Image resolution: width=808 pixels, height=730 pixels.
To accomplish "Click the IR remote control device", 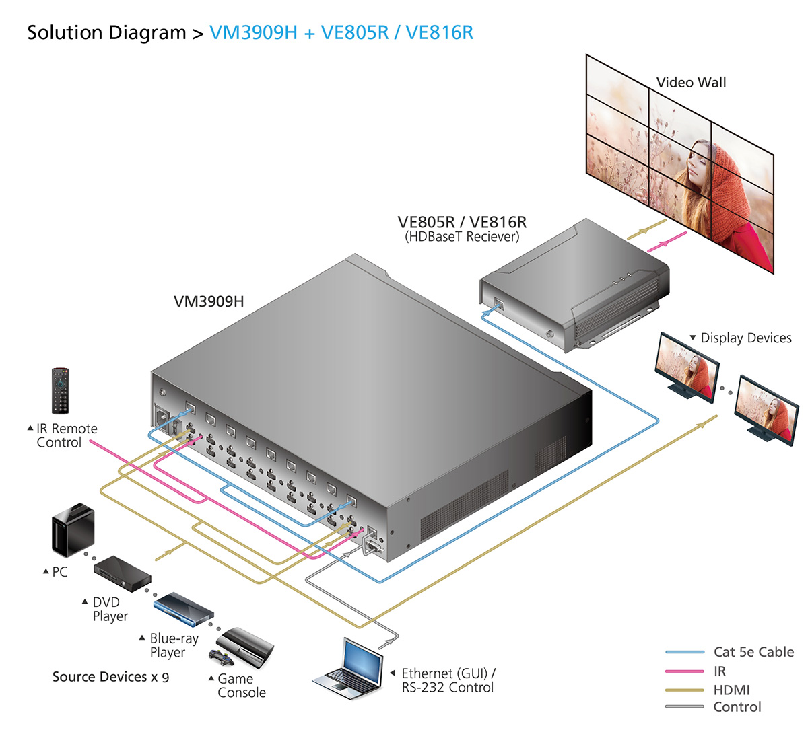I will coord(61,390).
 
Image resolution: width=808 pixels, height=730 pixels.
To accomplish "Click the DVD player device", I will coord(122,574).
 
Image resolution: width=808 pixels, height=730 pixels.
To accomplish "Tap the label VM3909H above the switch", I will coord(209,301).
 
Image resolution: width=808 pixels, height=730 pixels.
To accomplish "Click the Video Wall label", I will coord(691,83).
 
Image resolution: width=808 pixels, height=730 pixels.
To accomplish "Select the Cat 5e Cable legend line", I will coord(685,652).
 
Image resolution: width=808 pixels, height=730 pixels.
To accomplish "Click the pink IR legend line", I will coord(685,671).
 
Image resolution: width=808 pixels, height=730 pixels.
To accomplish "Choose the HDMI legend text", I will coord(731,690).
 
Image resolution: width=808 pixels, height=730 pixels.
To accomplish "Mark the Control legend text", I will coord(737,707).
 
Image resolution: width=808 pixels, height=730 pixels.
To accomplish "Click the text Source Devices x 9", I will coord(110,677).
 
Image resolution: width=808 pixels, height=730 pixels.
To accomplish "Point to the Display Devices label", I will coord(745,338).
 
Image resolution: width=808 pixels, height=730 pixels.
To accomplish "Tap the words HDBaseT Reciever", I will coord(462,237).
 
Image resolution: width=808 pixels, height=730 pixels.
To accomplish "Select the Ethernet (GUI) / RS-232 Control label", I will coord(448,680).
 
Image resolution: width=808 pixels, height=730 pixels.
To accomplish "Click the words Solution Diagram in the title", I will coord(106,32).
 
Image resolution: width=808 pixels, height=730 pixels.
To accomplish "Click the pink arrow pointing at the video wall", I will coord(667,242).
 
